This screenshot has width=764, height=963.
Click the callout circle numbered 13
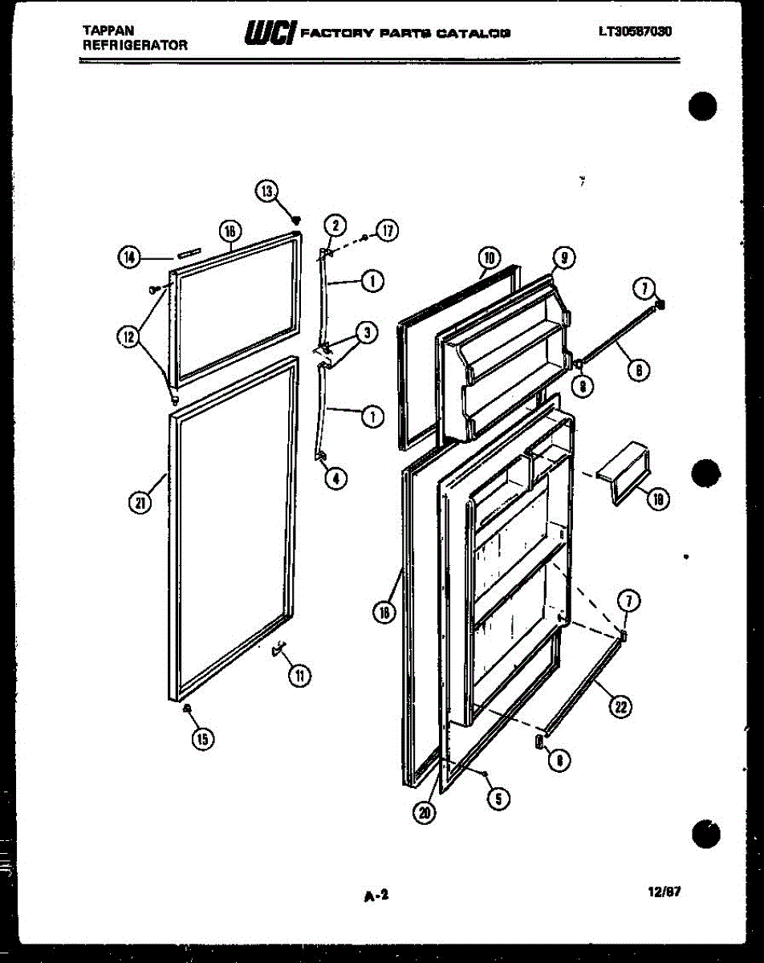(266, 191)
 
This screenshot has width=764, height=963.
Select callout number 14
(128, 257)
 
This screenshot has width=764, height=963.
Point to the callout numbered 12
(128, 338)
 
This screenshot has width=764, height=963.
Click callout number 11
(299, 676)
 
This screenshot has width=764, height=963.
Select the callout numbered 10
(488, 258)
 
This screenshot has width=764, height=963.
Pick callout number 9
(564, 258)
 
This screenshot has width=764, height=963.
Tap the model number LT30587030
(635, 32)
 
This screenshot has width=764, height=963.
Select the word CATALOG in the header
(480, 34)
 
